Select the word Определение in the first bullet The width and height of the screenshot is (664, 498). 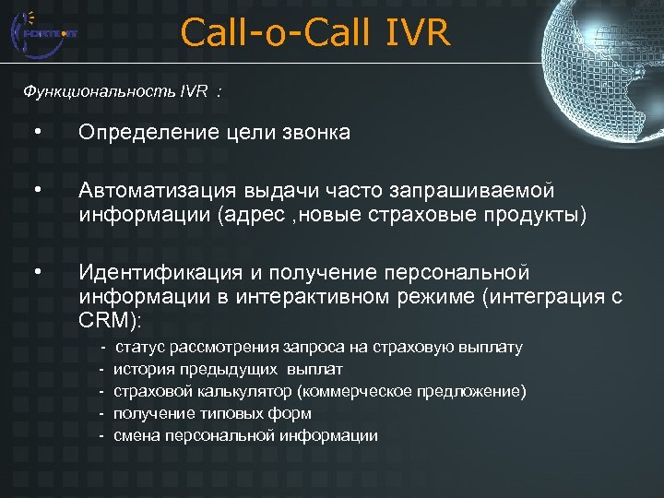140,134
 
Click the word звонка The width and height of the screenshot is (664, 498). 318,134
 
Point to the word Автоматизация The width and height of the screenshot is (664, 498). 158,190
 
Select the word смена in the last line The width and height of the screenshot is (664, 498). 135,436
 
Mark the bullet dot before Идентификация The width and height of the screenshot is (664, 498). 36,273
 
